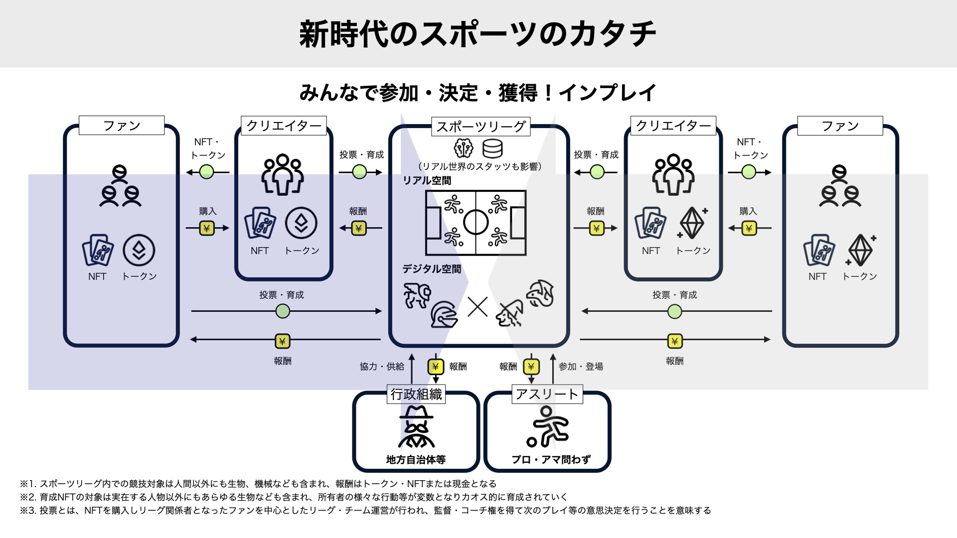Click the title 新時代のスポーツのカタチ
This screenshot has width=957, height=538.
pyautogui.click(x=478, y=34)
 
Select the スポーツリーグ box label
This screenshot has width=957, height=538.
pyautogui.click(x=480, y=127)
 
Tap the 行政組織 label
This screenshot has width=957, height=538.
pyautogui.click(x=416, y=394)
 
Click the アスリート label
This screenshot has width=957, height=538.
pyautogui.click(x=547, y=394)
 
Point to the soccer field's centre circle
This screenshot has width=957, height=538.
pyautogui.click(x=476, y=222)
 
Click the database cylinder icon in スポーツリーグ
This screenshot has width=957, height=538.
pyautogui.click(x=492, y=148)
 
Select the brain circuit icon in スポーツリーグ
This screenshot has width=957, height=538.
pyautogui.click(x=464, y=148)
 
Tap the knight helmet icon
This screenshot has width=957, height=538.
pyautogui.click(x=443, y=314)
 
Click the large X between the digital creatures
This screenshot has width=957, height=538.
pyautogui.click(x=478, y=307)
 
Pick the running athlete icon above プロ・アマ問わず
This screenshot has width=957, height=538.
pyautogui.click(x=547, y=427)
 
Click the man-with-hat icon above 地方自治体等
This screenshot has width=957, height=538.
pyautogui.click(x=416, y=426)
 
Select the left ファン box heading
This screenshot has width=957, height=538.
pyautogui.click(x=122, y=126)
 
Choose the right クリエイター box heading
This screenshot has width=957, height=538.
pyautogui.click(x=673, y=126)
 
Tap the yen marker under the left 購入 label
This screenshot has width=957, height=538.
pyautogui.click(x=207, y=228)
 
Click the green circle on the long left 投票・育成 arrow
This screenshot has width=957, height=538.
pyautogui.click(x=283, y=311)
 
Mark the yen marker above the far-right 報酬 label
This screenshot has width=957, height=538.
pyautogui.click(x=674, y=341)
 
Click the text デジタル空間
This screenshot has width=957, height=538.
pyautogui.click(x=432, y=269)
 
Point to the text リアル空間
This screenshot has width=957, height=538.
pyautogui.click(x=427, y=180)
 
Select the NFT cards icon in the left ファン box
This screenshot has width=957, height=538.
pyautogui.click(x=98, y=250)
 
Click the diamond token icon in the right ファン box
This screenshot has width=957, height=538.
pyautogui.click(x=861, y=250)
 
